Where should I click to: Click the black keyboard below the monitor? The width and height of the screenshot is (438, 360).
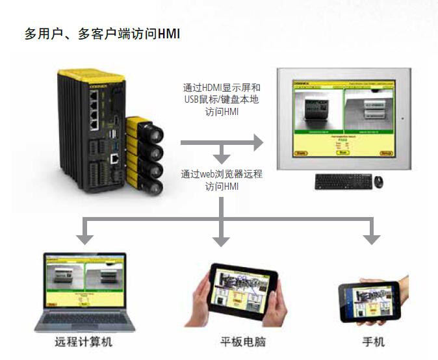[344, 182]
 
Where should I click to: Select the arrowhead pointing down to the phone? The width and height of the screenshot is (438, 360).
[371, 238]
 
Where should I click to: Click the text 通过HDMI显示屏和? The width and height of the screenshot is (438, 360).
[222, 88]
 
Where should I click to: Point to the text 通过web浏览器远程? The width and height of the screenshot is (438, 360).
[222, 174]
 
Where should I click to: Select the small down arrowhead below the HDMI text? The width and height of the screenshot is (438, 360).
[222, 157]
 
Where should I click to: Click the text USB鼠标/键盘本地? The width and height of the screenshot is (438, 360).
[222, 100]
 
